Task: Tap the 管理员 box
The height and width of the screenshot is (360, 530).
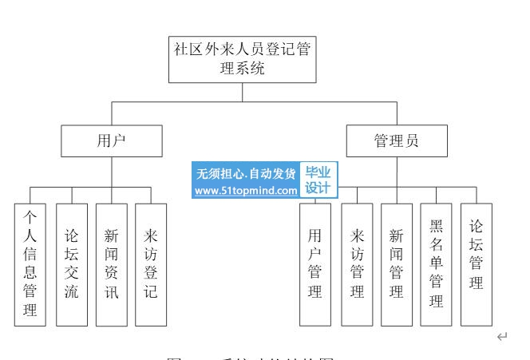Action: pos(396,141)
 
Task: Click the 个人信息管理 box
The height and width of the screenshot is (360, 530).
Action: pos(30,264)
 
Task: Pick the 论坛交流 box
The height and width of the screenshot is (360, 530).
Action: pos(71,264)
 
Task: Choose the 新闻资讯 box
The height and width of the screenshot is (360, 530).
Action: pos(111,264)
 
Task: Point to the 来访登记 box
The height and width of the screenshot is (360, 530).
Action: pos(151,264)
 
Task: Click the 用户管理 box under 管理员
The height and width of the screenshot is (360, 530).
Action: pos(314,264)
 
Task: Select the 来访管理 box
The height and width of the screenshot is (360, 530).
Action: pos(356,264)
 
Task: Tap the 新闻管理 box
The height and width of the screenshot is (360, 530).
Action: pos(396,264)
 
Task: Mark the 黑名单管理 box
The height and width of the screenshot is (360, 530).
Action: pos(436,264)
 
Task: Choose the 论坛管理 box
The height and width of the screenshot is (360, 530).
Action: pos(476,264)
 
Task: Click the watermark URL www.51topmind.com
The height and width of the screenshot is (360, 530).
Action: pos(246,191)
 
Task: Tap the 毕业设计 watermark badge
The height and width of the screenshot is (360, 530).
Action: pos(318,180)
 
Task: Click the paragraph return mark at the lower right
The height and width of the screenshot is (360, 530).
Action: pos(501,338)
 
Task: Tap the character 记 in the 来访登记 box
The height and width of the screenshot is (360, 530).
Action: pos(151,291)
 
